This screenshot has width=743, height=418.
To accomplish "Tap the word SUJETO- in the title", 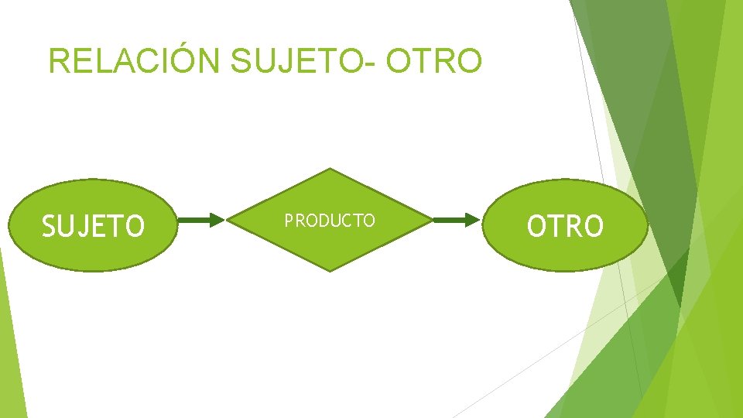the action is (x=304, y=61).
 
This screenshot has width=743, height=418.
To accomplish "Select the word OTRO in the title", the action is (x=433, y=61).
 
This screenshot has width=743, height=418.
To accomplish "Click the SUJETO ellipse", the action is (x=92, y=225).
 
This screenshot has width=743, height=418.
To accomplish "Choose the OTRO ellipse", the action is (x=565, y=225).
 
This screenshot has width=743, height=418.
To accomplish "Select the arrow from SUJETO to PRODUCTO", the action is (x=200, y=221).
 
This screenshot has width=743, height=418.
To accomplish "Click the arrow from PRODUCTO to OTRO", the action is (x=457, y=221).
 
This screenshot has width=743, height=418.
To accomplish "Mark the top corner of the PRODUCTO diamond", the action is (x=330, y=170).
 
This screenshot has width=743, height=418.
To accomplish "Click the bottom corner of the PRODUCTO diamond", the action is (x=330, y=270).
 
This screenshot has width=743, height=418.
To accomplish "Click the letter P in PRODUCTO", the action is (x=289, y=221).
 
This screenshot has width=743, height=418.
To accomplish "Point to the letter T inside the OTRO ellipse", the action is (x=554, y=226).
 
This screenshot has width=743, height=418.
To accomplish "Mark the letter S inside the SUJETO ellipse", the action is (x=49, y=227).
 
